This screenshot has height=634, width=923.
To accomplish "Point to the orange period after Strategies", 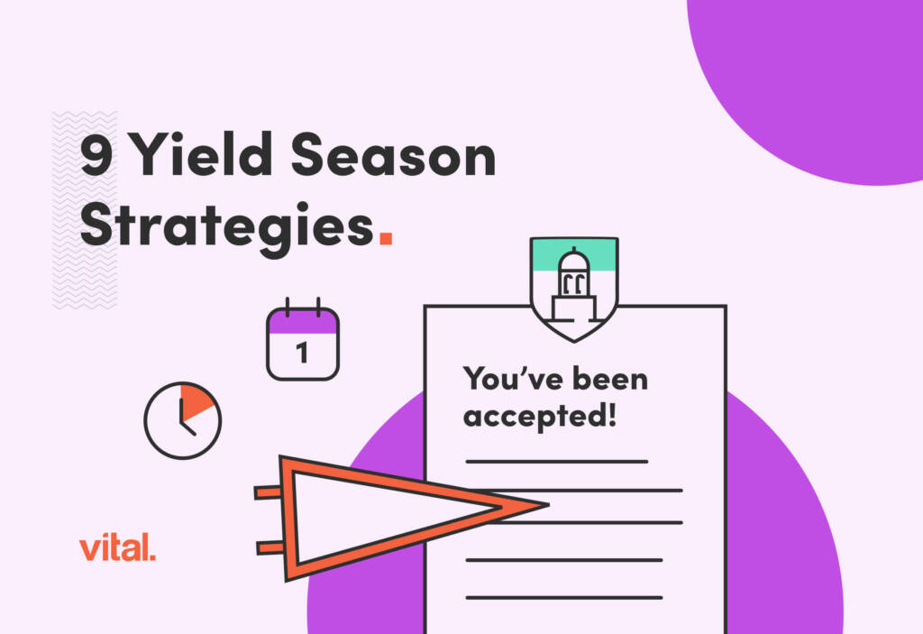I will (386, 239).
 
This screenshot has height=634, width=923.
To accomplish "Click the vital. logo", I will (117, 547).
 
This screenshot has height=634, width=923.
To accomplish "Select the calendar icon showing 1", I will (303, 343).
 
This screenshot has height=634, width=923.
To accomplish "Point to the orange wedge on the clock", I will (196, 401).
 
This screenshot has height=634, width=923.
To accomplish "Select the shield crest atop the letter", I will (574, 287).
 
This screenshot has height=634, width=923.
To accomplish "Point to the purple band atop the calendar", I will (303, 321).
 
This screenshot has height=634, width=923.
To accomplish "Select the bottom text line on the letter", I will (564, 596).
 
